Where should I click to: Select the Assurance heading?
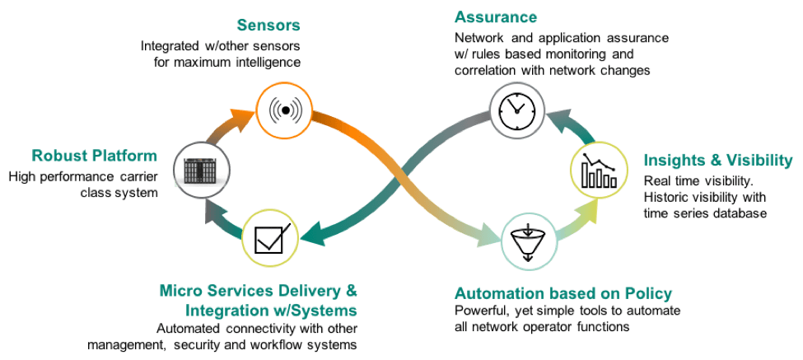point(496,17)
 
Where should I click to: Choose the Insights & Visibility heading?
point(717,160)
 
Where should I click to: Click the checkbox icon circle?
point(268,237)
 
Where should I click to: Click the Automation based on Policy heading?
point(563,293)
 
